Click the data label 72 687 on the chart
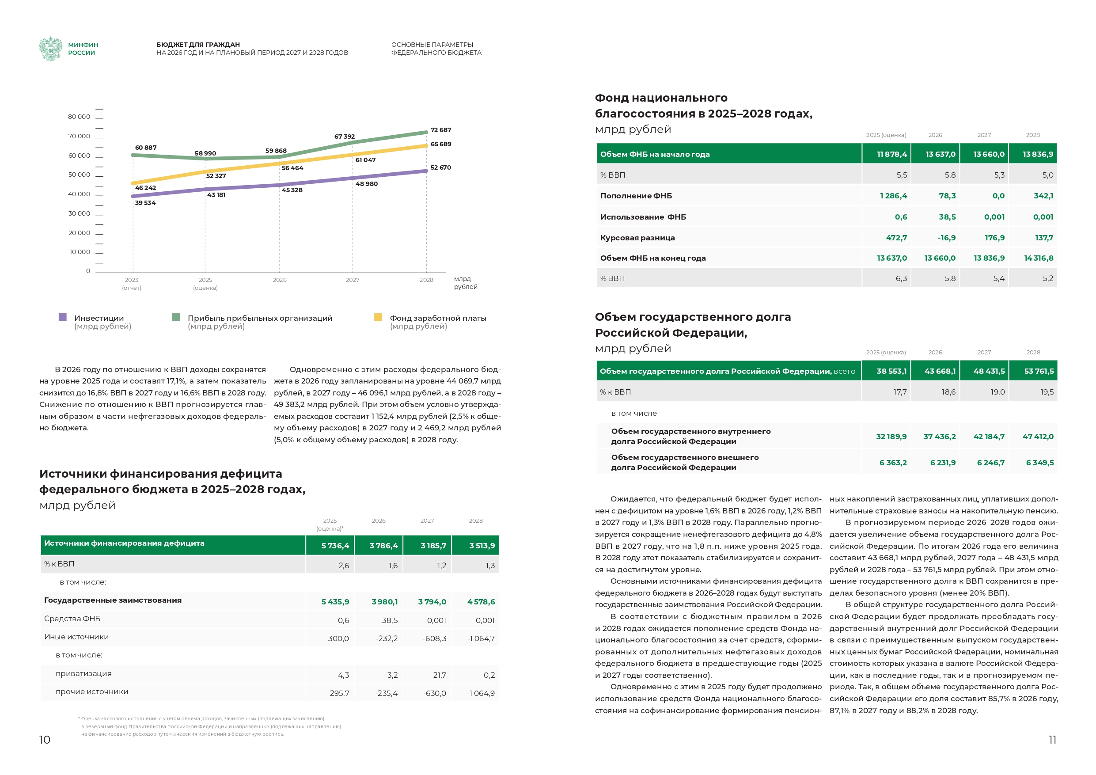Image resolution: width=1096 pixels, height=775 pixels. click(440, 130)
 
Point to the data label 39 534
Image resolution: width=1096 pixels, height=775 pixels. click(145, 203)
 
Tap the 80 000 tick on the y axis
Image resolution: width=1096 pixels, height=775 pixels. click(79, 117)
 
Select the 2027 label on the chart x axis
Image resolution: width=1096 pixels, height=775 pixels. click(352, 280)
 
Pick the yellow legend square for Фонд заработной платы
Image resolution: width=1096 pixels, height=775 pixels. click(378, 317)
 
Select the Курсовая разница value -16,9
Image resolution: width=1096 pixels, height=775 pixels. click(946, 238)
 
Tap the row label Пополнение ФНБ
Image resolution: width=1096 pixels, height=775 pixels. click(635, 196)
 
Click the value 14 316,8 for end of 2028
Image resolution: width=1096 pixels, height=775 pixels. click(1038, 258)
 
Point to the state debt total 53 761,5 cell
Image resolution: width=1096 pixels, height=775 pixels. click(1039, 371)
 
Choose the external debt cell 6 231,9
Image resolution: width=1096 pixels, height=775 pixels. click(942, 463)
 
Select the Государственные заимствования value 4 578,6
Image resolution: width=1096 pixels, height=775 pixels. click(481, 602)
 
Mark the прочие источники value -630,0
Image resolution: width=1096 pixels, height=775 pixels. click(434, 693)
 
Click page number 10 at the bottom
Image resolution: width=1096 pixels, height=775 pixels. click(44, 740)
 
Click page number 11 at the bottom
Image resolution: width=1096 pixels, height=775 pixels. click(1052, 740)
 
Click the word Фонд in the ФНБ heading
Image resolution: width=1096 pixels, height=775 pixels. click(611, 98)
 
